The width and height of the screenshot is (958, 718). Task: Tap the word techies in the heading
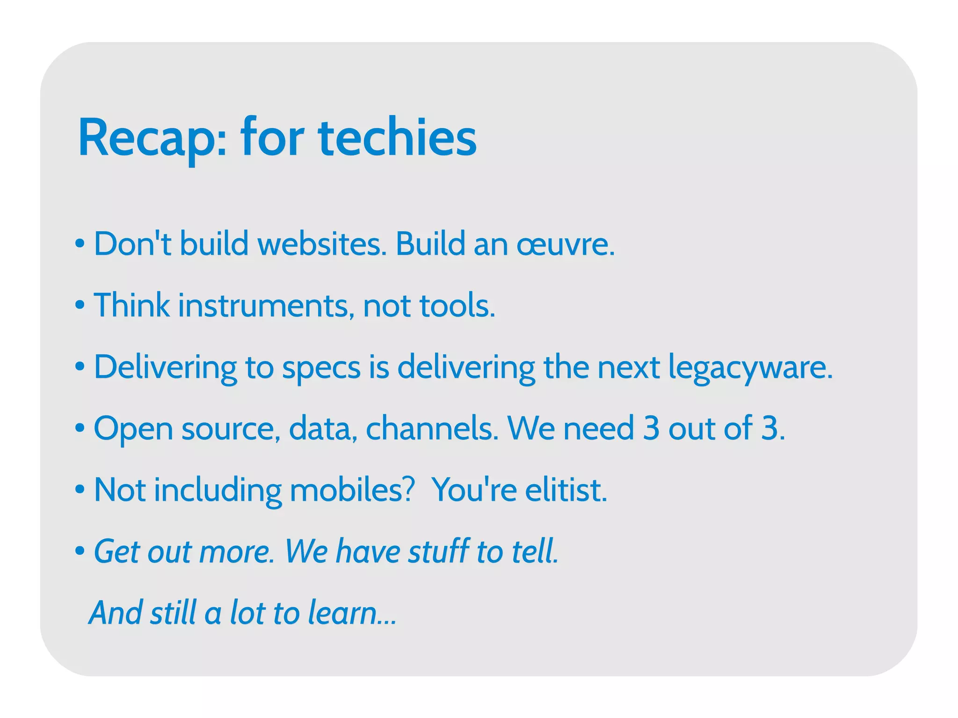click(397, 138)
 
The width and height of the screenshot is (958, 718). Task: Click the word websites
click(322, 244)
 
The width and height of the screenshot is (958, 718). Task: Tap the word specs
click(321, 368)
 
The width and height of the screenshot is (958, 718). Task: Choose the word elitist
click(566, 490)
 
